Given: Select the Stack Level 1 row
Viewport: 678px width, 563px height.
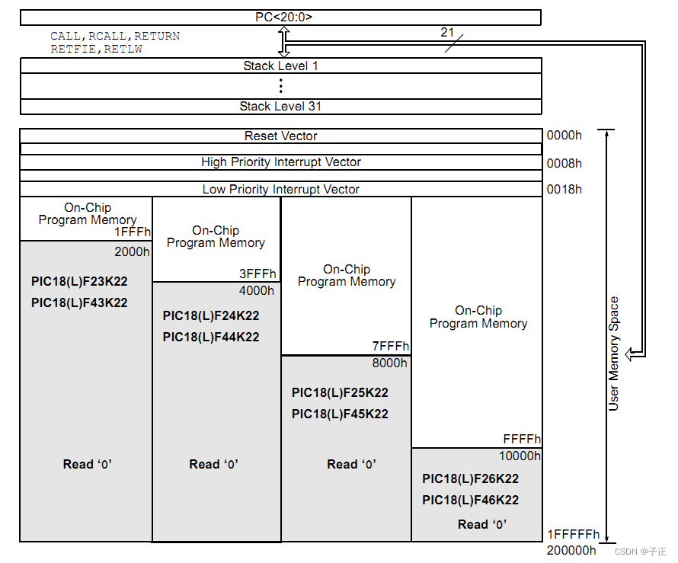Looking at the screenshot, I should point(280,66).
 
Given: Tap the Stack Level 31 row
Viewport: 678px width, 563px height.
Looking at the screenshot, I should point(280,107).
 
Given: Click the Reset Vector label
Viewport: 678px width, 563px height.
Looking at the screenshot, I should point(280,136).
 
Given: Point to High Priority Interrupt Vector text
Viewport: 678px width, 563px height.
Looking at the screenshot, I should point(280,162).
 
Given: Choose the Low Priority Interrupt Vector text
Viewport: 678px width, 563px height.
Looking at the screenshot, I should point(280,190).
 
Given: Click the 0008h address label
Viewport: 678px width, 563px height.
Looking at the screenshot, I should point(564,163).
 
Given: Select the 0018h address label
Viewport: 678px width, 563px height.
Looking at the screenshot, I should point(564,190).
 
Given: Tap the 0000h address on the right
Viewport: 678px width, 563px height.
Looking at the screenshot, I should point(564,136).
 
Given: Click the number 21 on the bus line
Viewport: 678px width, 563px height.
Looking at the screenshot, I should point(448,32).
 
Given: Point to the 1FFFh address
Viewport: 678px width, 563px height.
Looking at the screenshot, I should point(133,232).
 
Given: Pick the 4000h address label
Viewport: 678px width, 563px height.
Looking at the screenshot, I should point(257,290).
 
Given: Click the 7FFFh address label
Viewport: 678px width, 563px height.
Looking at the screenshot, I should point(391,347).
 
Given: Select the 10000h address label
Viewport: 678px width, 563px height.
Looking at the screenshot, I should point(520,456).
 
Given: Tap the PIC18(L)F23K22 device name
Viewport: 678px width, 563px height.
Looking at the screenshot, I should point(79,281).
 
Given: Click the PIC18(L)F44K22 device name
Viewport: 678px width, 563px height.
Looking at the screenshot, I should point(211,337).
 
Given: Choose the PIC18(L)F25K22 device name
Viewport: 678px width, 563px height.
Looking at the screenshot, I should point(340,393).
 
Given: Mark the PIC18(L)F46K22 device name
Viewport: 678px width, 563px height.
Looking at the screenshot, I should point(470,501).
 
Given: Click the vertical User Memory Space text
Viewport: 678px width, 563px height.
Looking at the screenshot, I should point(614,353).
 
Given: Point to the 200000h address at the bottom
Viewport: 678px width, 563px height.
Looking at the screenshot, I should point(571,550).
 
